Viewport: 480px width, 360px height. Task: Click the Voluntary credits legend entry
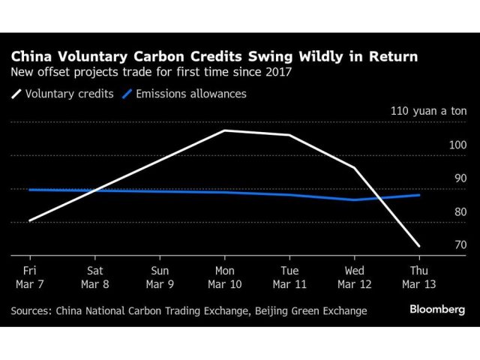point(64,94)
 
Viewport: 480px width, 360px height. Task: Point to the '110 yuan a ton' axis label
point(428,111)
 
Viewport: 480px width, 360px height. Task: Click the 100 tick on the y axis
point(457,145)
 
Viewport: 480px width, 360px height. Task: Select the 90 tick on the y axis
point(460,178)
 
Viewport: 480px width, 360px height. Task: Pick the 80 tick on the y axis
point(460,212)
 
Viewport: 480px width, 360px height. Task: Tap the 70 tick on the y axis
point(460,245)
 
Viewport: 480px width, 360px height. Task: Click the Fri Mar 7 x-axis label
point(30,277)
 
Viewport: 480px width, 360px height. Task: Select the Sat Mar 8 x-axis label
point(95,277)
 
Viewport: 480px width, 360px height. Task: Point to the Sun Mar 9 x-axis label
point(160,277)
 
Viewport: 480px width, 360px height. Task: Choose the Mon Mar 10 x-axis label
point(224,277)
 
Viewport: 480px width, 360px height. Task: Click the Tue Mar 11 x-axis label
point(289,277)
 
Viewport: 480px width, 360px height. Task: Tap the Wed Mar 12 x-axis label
point(354,277)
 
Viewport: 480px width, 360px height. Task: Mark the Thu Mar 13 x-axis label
point(418,277)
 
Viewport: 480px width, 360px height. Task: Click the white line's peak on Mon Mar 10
point(224,130)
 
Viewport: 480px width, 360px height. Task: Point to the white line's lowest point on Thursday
point(418,246)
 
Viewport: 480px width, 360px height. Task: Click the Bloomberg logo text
point(436,309)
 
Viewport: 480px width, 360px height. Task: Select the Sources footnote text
point(189,310)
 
